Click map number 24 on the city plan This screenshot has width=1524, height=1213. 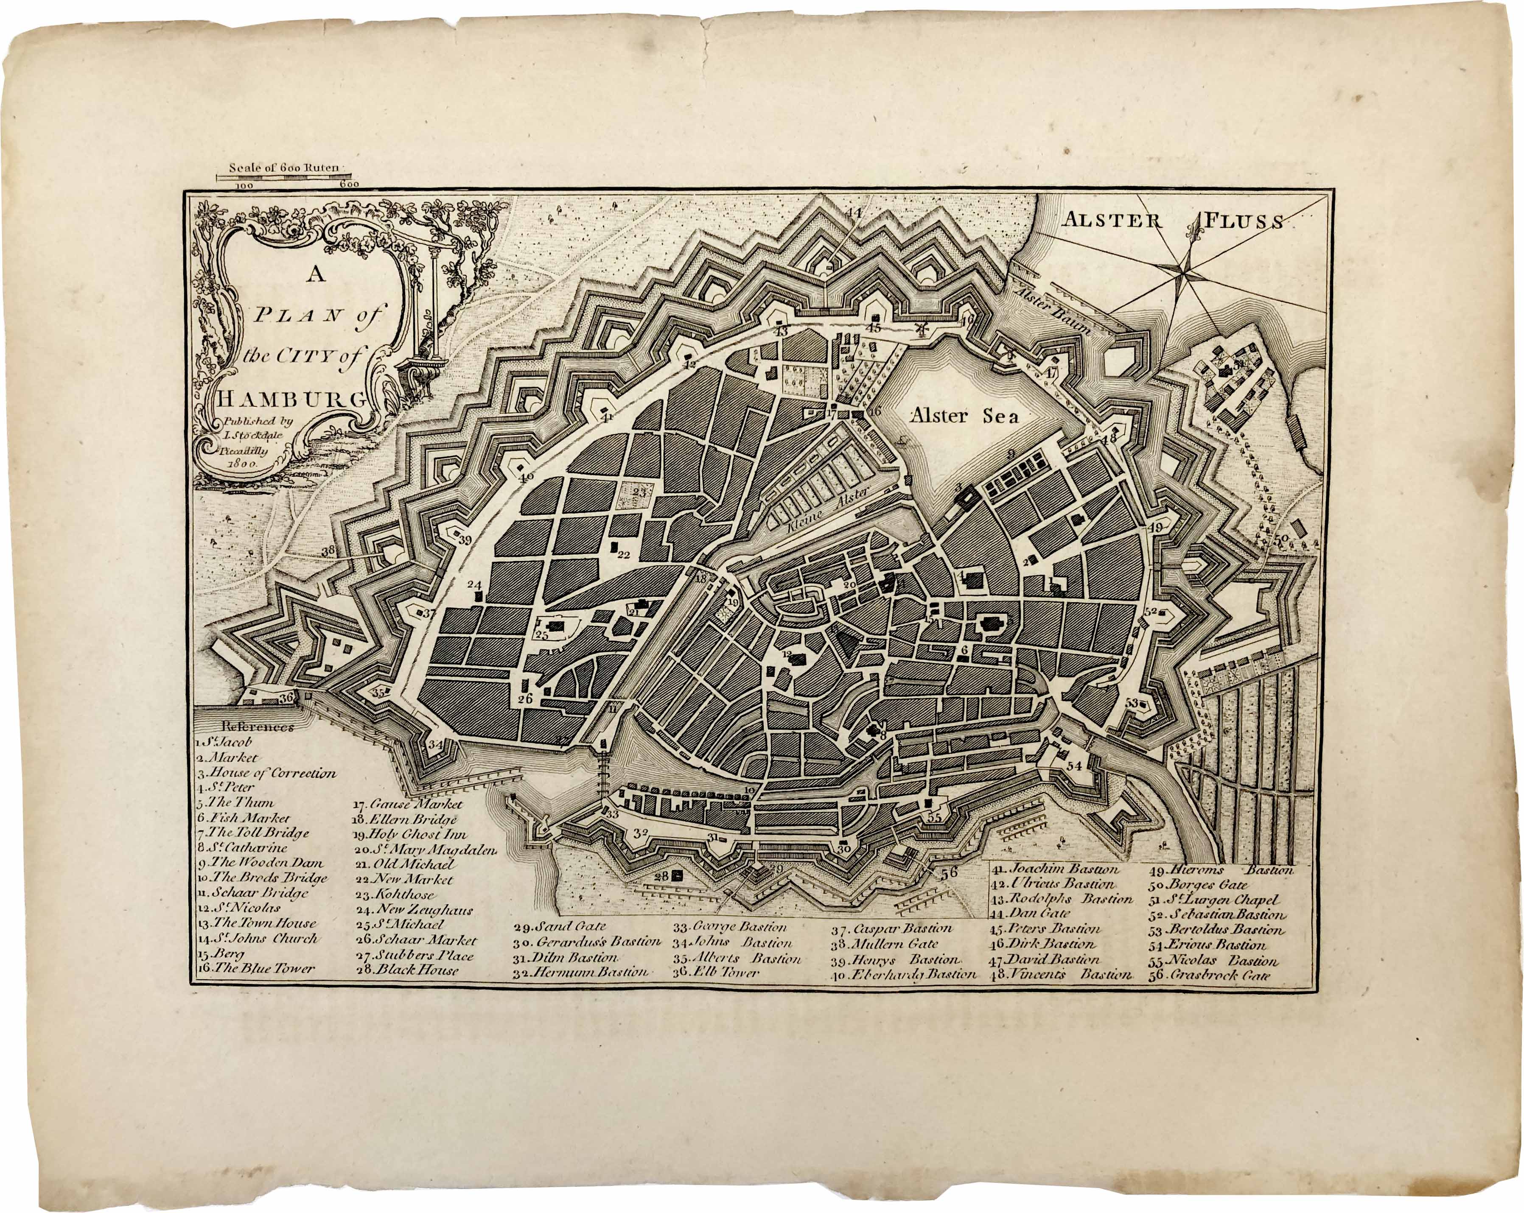pos(473,585)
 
